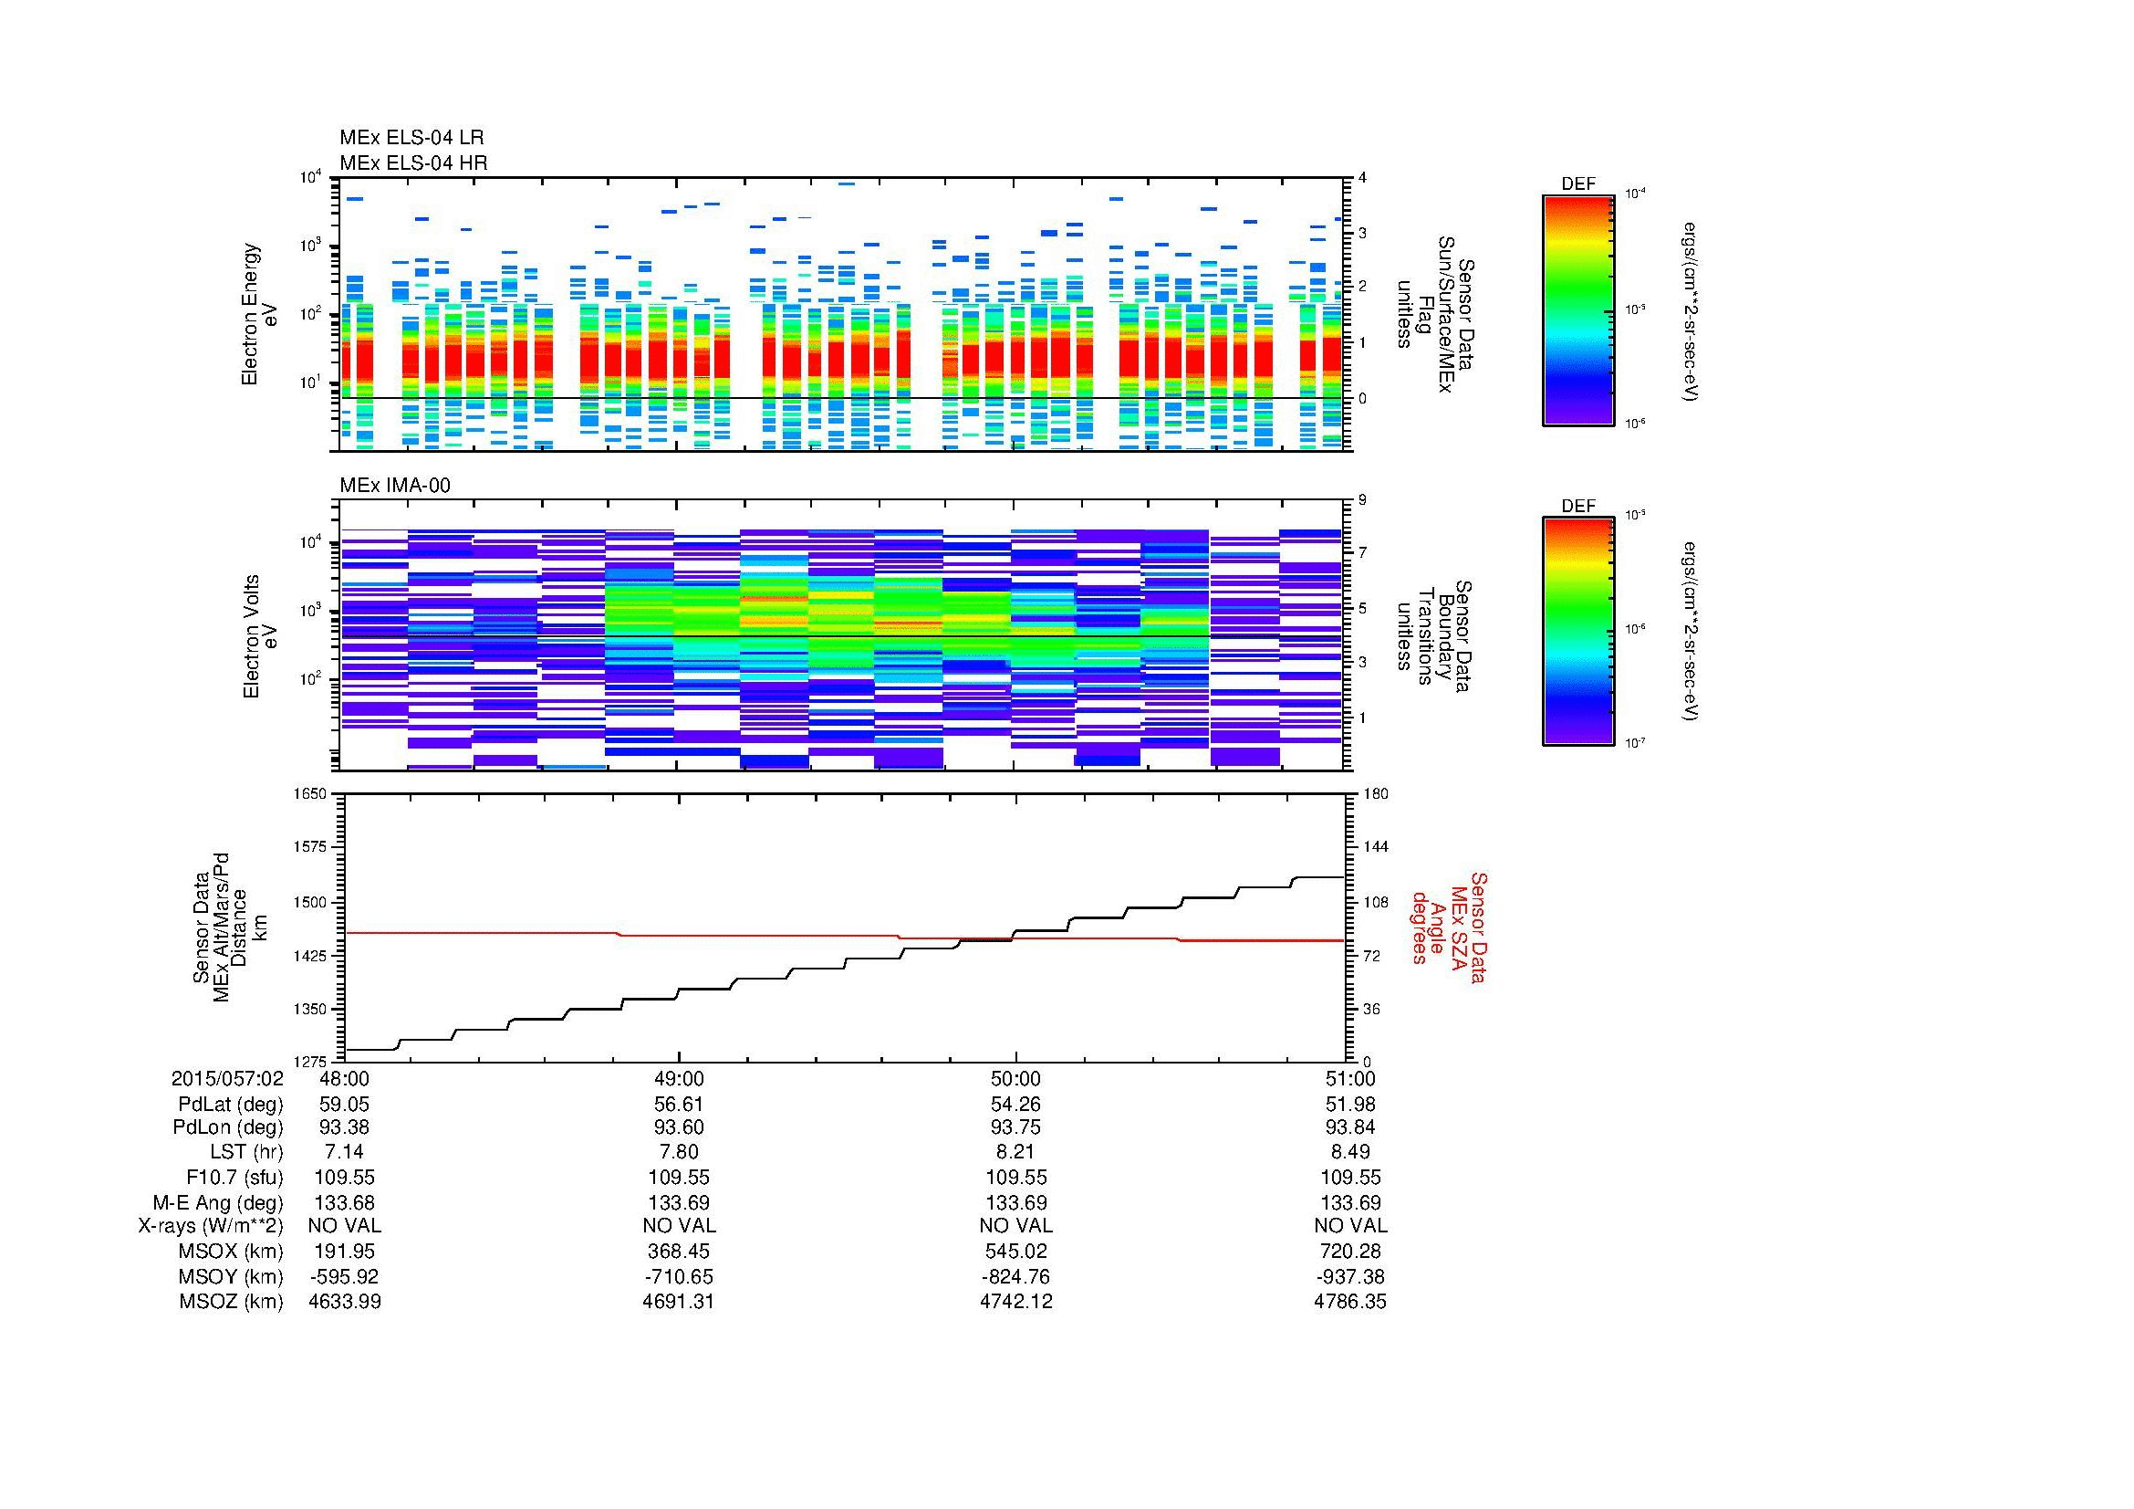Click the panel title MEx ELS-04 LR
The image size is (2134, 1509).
[x=411, y=138]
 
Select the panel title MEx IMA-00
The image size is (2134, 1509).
[x=395, y=486]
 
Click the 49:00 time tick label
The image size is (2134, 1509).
[x=680, y=1078]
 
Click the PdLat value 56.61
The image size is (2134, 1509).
[x=680, y=1104]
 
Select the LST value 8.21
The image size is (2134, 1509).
[x=1015, y=1152]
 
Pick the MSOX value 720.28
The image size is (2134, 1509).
[x=1349, y=1252]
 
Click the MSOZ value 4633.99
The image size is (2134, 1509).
[x=344, y=1302]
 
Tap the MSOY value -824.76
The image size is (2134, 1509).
[x=1015, y=1276]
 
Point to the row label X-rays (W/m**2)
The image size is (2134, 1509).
[x=210, y=1226]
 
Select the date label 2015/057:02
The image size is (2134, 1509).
[x=227, y=1078]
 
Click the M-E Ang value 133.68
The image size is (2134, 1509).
[x=344, y=1202]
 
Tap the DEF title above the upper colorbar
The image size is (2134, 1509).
[x=1578, y=184]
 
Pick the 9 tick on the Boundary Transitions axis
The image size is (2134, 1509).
[x=1362, y=500]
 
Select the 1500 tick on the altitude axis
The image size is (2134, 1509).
[x=309, y=902]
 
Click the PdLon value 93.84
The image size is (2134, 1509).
[x=1349, y=1127]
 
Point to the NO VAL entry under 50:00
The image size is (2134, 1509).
[x=1015, y=1226]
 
